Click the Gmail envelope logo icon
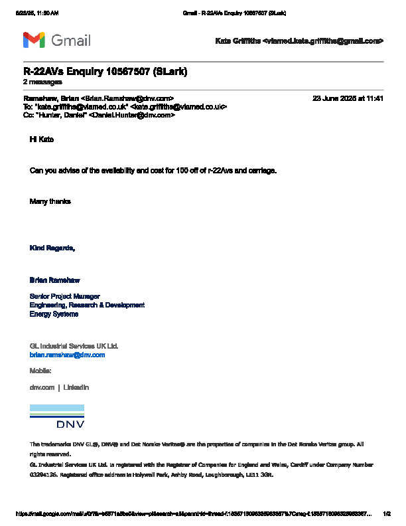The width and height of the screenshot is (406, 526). [x=34, y=40]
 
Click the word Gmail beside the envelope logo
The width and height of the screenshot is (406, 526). [x=71, y=40]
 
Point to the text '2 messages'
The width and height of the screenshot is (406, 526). [x=42, y=82]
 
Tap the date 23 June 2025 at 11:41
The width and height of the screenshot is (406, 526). [x=348, y=98]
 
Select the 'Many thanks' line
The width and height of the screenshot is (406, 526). [x=50, y=201]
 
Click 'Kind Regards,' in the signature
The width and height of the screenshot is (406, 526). [x=52, y=248]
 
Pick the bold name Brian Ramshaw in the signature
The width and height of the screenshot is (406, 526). [x=54, y=280]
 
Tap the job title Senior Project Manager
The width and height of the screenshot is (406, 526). [x=65, y=296]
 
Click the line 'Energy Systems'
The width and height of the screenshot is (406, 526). [x=54, y=314]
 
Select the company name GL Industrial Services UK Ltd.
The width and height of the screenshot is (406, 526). [x=74, y=346]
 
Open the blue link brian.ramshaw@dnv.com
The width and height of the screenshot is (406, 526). [x=67, y=355]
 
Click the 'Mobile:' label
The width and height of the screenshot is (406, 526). [x=40, y=371]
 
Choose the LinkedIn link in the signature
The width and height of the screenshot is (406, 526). [x=76, y=387]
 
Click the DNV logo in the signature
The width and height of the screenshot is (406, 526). [x=57, y=416]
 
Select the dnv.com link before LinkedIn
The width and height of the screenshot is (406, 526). [x=42, y=387]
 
